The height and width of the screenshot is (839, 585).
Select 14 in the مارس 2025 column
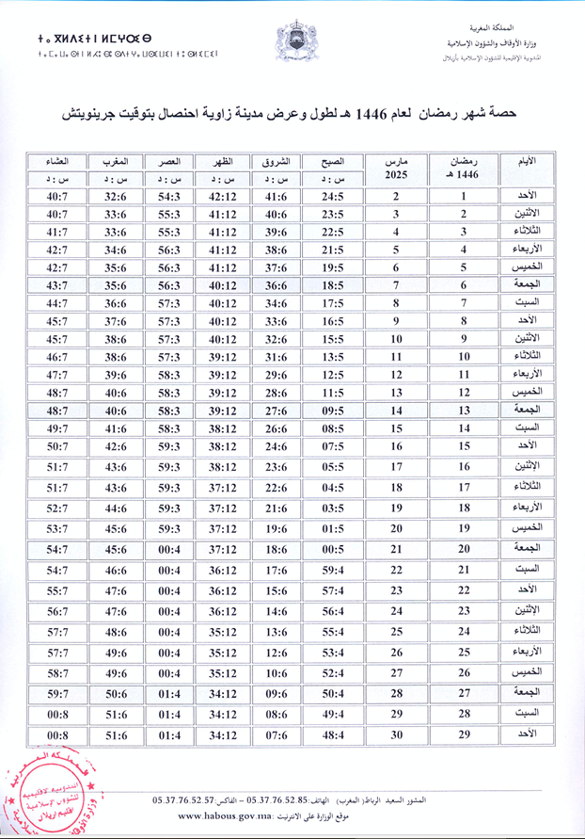click(396, 411)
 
